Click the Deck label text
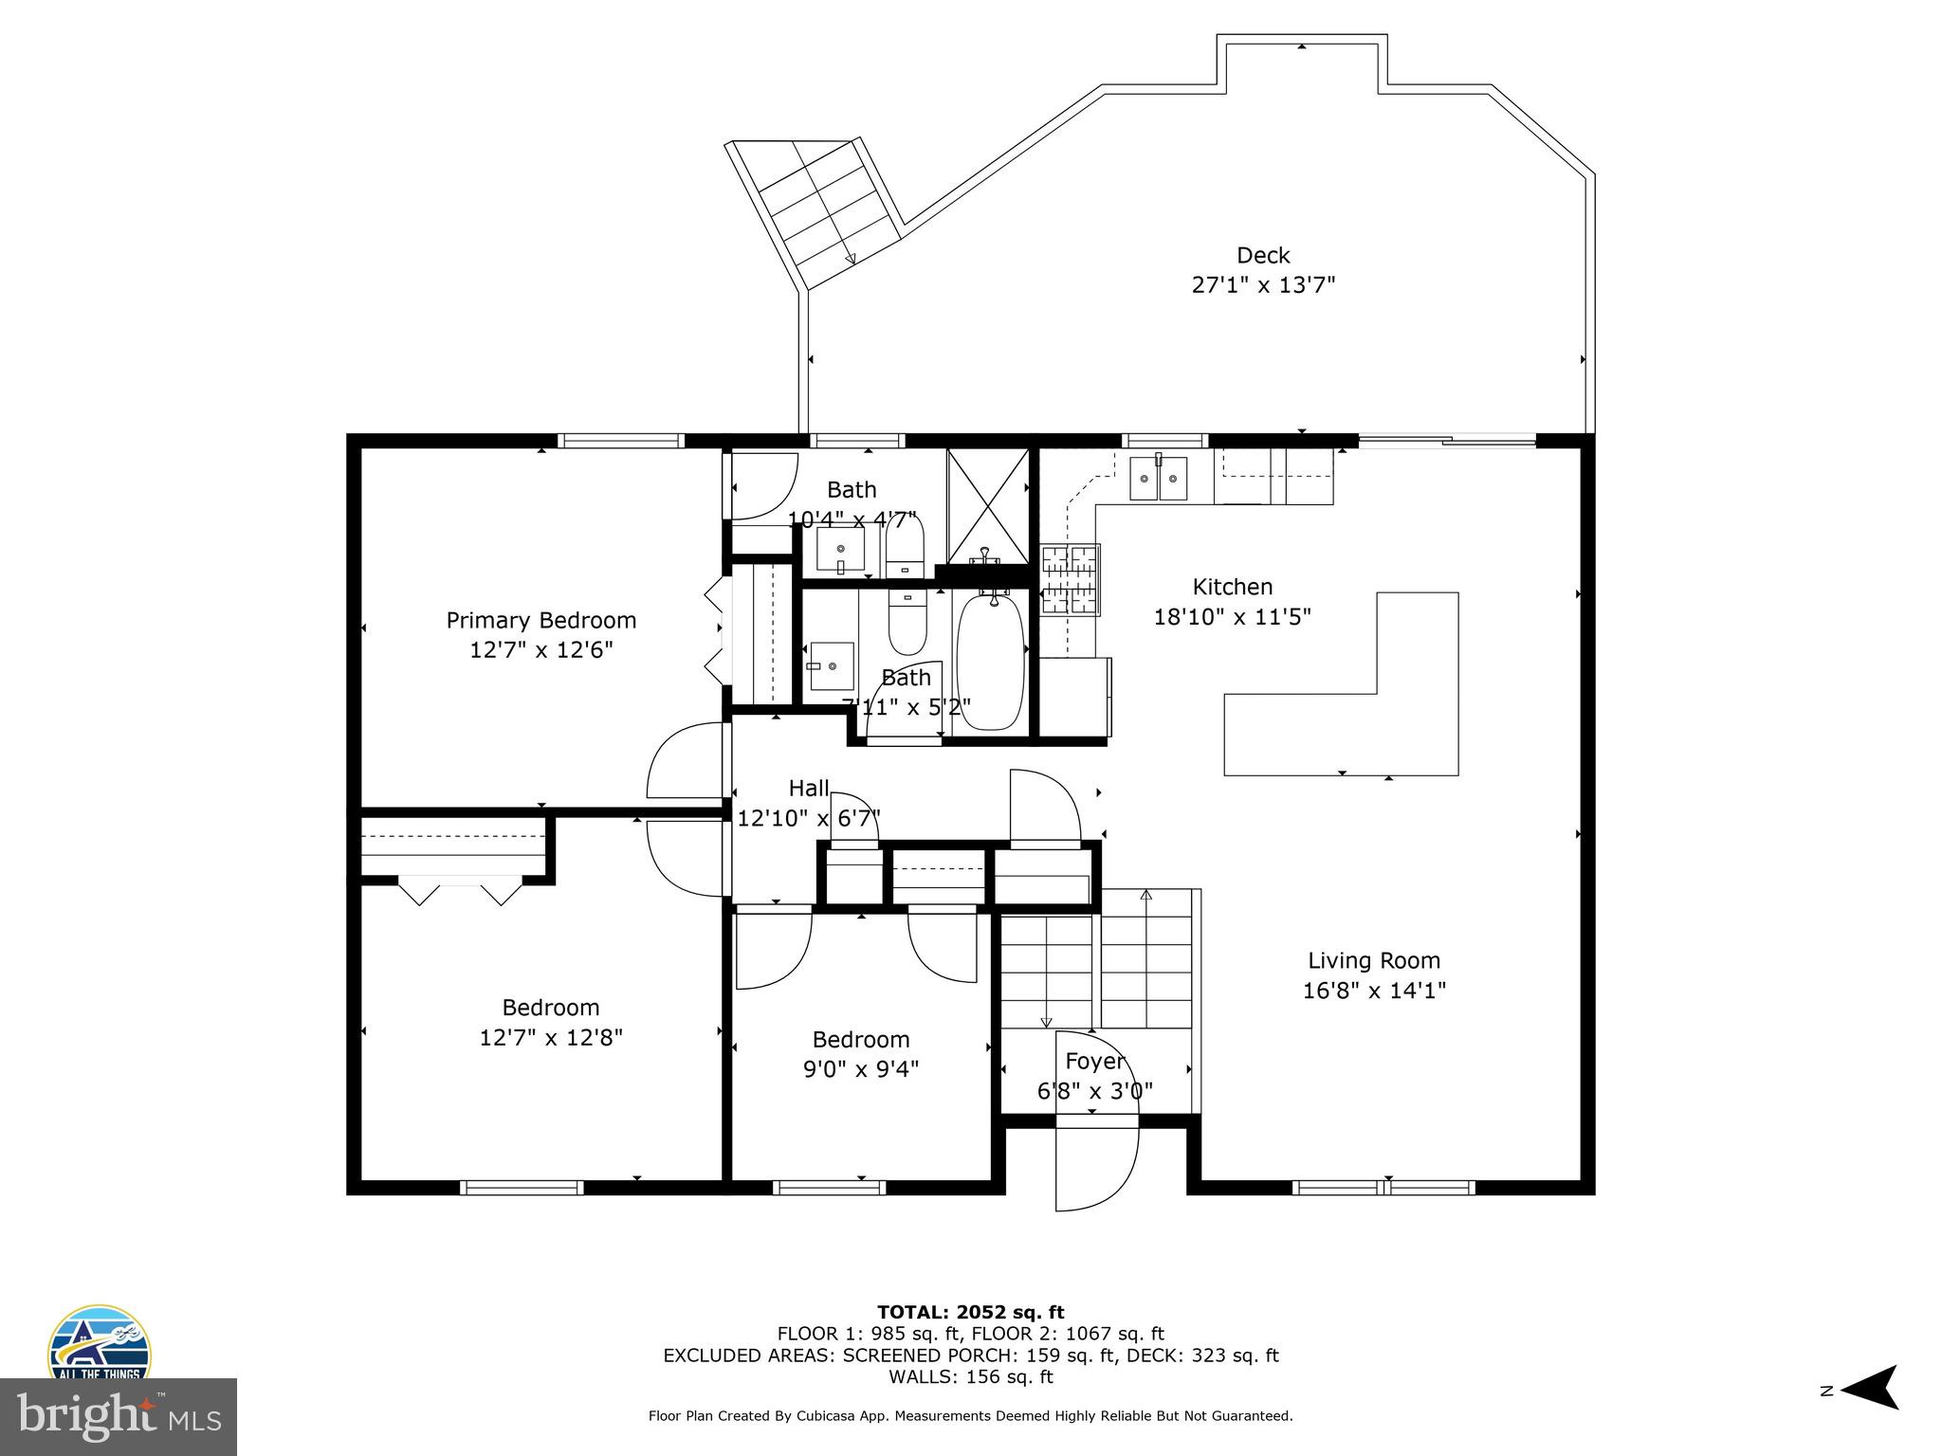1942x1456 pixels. [1263, 256]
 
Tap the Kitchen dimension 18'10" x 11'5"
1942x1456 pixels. [1232, 617]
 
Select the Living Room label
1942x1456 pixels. [1373, 961]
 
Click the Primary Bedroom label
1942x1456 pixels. [540, 621]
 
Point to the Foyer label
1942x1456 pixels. [1094, 1061]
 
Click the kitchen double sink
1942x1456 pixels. [1158, 478]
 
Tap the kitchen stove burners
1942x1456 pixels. [1070, 579]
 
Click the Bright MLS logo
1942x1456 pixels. [118, 1416]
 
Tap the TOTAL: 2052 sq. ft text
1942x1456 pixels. [970, 1312]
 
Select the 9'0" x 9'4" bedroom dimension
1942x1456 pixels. [860, 1069]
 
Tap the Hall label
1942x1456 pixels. [808, 789]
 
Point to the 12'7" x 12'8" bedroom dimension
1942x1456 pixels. [550, 1038]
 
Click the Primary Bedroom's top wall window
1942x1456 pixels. [620, 441]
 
